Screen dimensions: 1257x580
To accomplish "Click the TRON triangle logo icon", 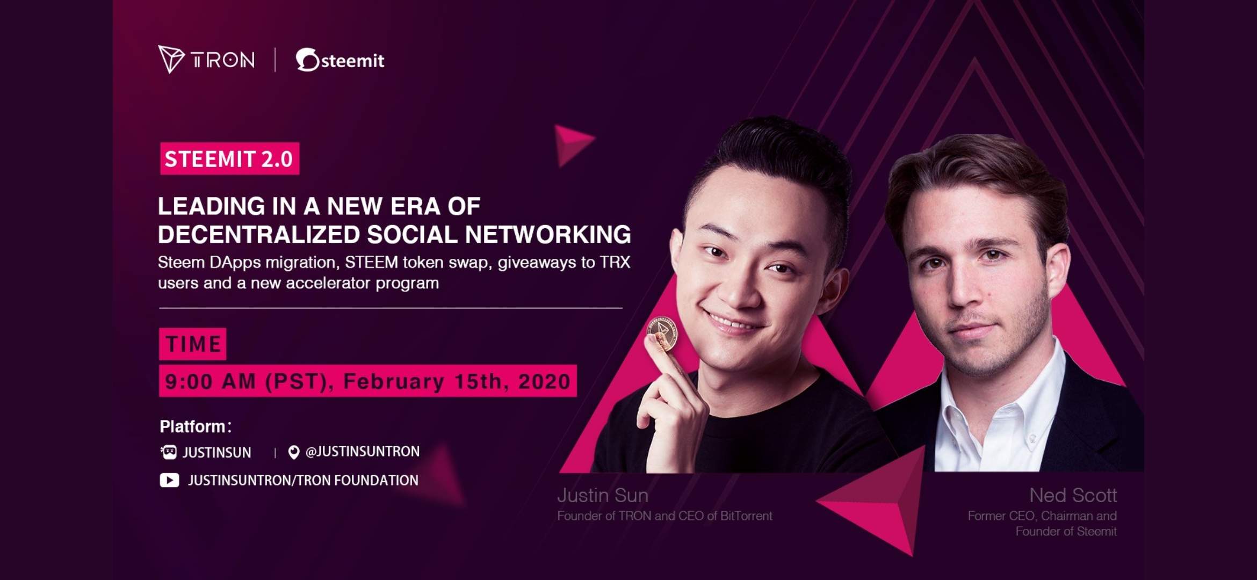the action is coord(170,59).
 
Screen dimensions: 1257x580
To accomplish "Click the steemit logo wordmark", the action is coord(340,60).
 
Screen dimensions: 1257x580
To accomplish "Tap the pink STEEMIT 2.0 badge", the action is coord(229,158).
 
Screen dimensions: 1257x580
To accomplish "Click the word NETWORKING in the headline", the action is coord(548,235).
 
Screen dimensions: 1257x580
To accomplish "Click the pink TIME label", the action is coord(192,344).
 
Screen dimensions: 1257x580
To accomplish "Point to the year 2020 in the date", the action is coord(544,381).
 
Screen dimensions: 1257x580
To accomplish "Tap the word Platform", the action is coord(192,426).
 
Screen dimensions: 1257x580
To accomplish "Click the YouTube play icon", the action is coord(169,480).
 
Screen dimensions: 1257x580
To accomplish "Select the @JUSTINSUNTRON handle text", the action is coord(363,452).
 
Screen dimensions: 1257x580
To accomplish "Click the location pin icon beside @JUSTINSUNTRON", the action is coord(293,453).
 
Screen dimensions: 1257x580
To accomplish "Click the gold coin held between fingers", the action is coord(662,334).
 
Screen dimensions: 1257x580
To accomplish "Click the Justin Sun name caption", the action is coord(603,495).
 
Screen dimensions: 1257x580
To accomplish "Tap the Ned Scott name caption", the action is coord(1073,495).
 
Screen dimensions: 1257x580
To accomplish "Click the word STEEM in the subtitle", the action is coord(371,263).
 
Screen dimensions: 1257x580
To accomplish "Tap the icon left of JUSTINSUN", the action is coord(169,452).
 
